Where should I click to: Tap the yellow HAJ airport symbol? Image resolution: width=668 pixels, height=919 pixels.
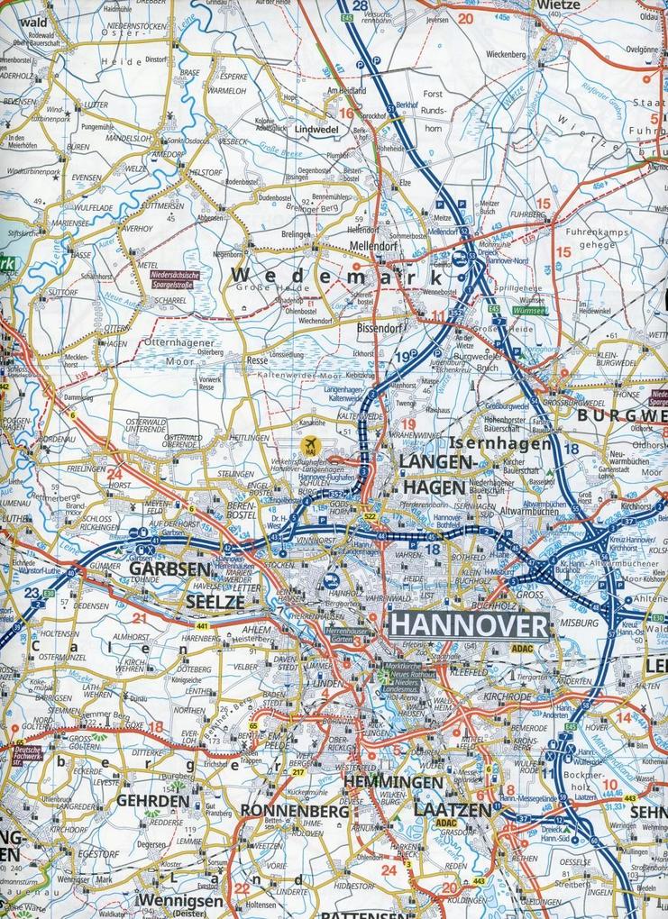click(x=312, y=444)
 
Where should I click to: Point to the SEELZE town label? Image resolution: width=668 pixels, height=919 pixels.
click(x=215, y=599)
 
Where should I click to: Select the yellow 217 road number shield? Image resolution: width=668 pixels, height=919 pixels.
click(x=297, y=771)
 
